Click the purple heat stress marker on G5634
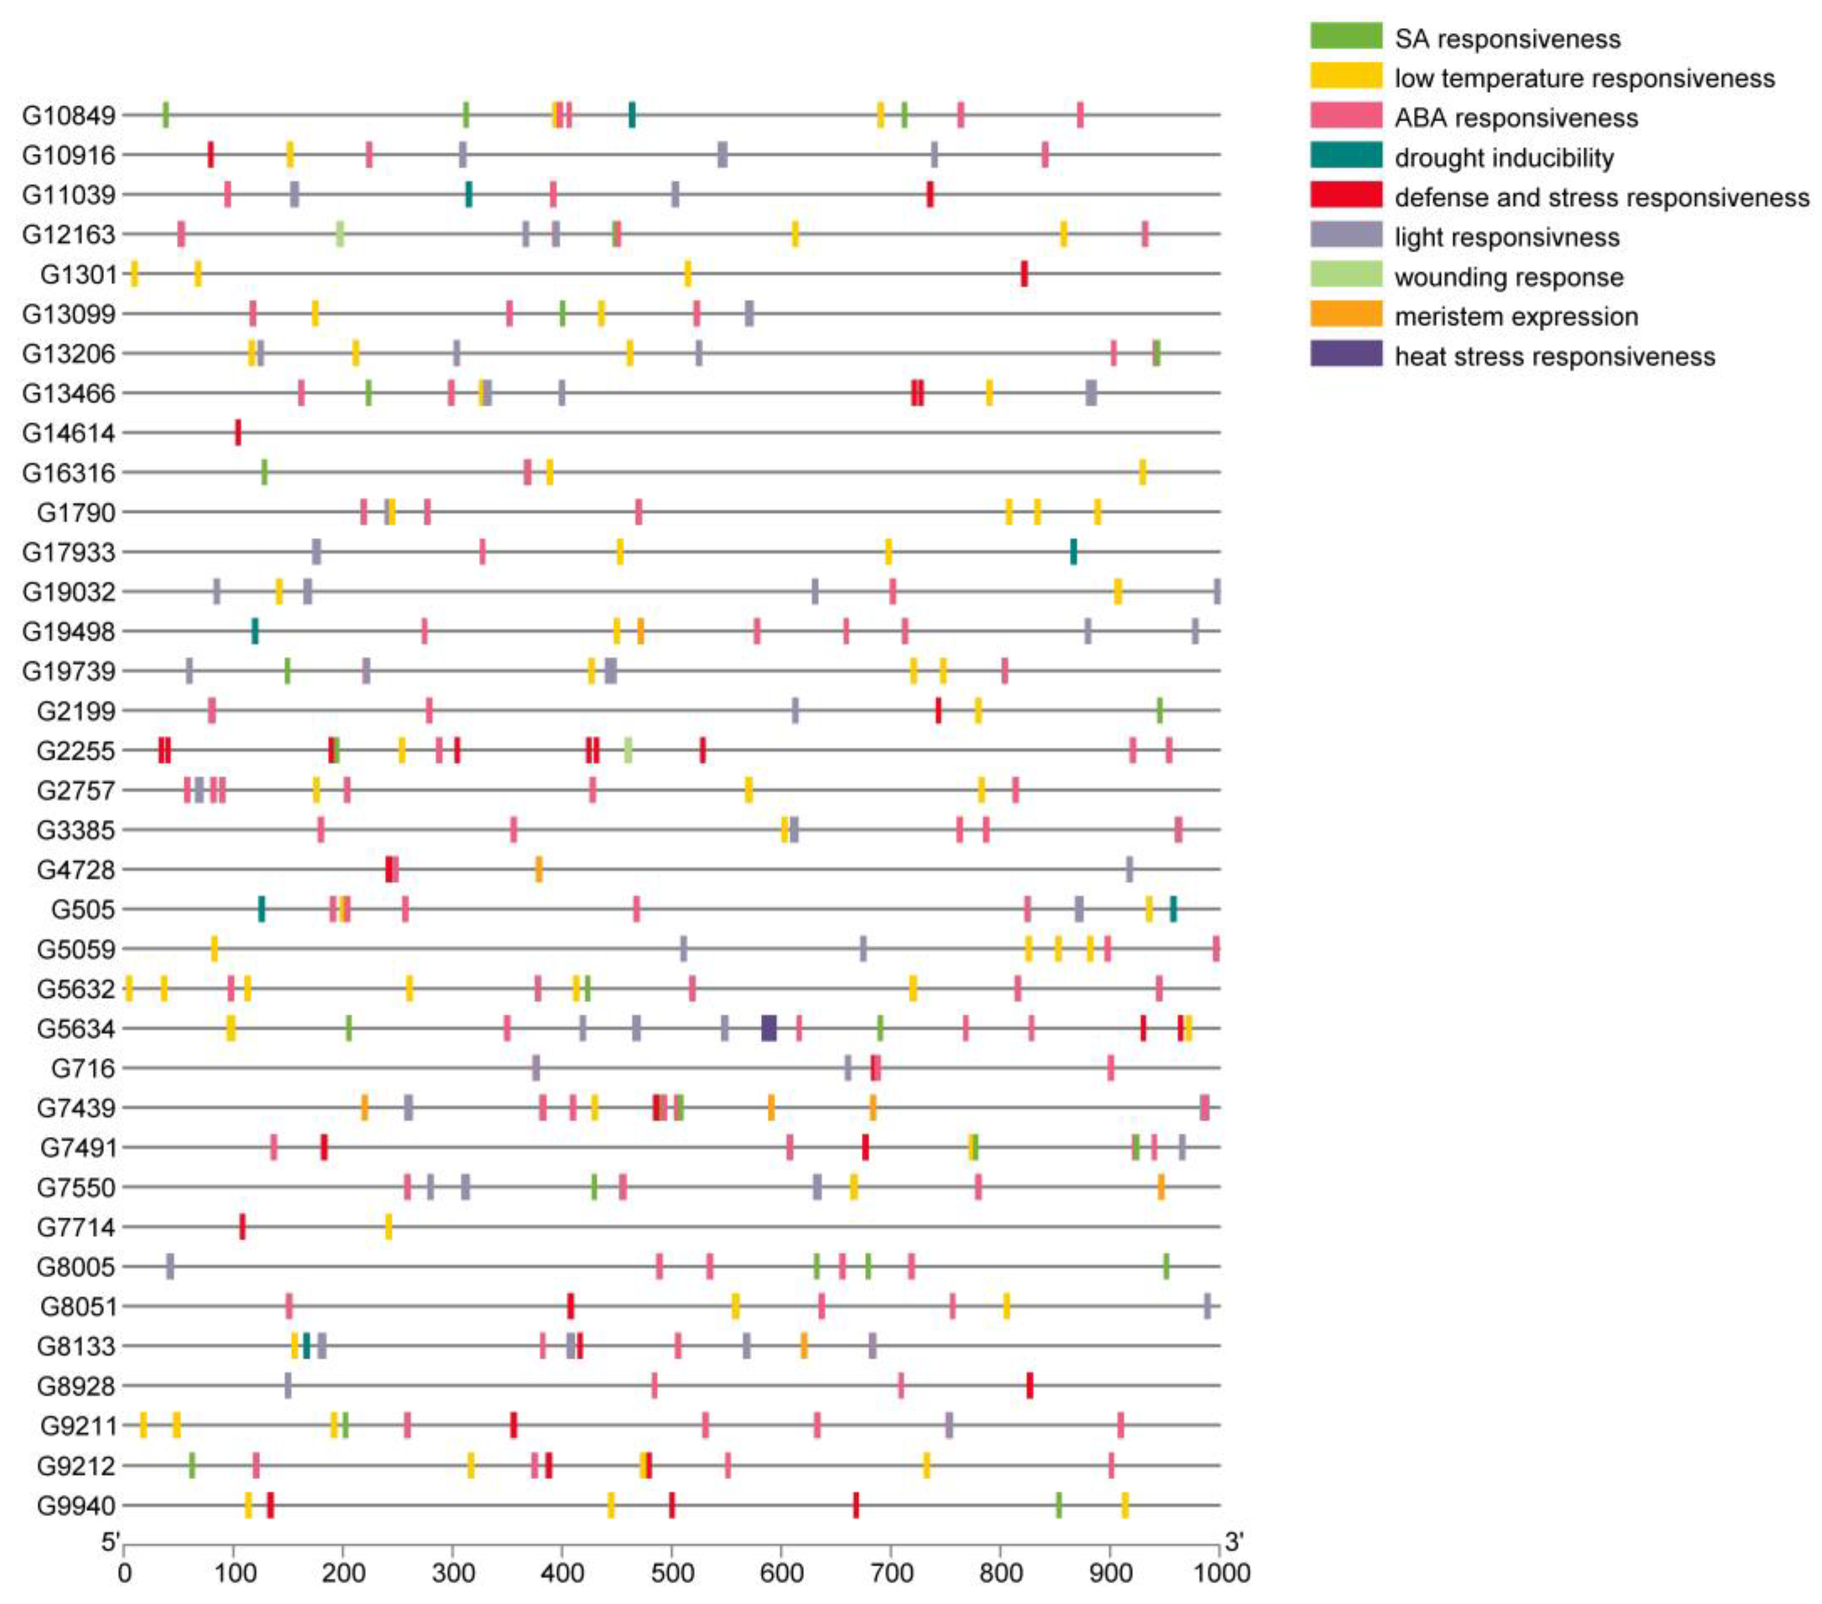point(769,1028)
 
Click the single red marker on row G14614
point(238,432)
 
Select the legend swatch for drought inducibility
point(1346,155)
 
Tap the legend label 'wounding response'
point(1508,277)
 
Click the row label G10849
point(69,116)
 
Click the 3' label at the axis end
point(1234,1541)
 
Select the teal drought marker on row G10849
point(632,115)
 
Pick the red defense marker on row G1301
point(1024,274)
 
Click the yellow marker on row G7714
point(389,1227)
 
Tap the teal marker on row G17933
point(1073,552)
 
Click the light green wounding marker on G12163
point(339,234)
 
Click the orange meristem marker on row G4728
point(538,869)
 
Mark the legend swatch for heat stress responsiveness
point(1346,354)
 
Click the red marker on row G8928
point(1030,1385)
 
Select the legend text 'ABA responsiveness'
point(1516,118)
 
